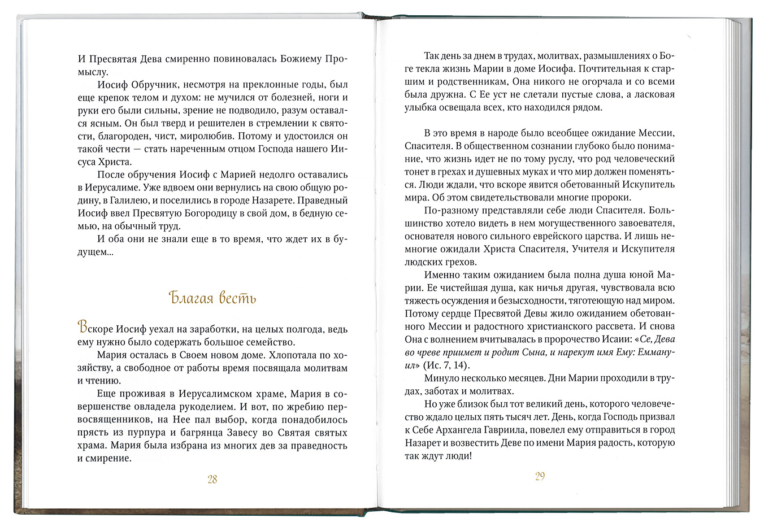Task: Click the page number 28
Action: [212, 480]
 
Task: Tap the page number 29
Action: [540, 476]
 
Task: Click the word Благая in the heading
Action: [191, 298]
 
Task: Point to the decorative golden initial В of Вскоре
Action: [83, 328]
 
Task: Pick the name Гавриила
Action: [513, 430]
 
